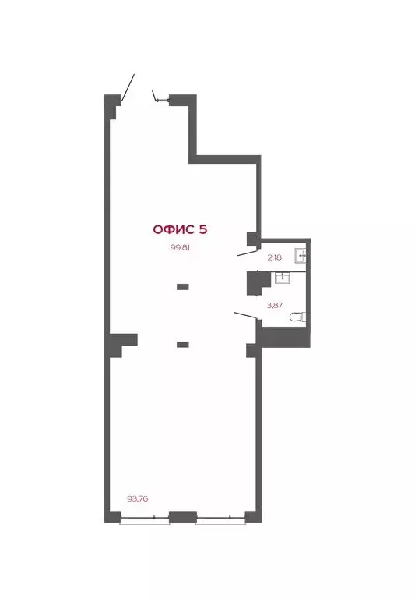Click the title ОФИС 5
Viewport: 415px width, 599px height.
point(180,229)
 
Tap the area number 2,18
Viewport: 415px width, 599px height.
point(274,256)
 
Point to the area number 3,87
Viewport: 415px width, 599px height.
point(274,305)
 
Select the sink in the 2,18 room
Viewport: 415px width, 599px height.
point(301,255)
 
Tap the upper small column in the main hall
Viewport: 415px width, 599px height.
point(182,287)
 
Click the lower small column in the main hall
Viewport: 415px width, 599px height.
point(182,344)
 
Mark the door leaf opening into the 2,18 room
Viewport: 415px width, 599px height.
point(248,253)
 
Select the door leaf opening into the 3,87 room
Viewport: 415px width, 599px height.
point(246,316)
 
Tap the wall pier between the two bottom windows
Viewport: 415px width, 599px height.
point(182,516)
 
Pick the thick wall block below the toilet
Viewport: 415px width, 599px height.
point(284,336)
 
